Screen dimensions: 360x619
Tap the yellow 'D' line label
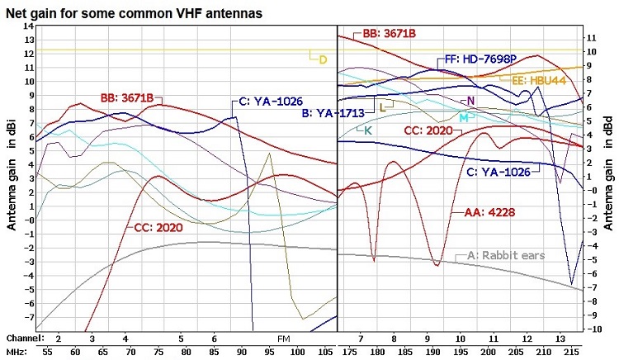[x=323, y=59]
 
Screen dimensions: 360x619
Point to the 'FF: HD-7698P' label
[x=480, y=59]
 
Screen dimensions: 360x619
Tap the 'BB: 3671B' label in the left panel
[x=127, y=97]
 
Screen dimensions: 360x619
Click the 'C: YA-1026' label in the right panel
[x=498, y=172]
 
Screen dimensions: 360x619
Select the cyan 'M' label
[x=463, y=118]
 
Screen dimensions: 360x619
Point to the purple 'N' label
[x=470, y=101]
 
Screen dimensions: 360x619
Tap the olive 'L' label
[x=383, y=107]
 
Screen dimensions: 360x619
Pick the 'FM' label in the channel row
[x=283, y=339]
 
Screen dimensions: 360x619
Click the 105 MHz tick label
[x=325, y=353]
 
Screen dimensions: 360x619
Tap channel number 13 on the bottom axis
[x=561, y=339]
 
